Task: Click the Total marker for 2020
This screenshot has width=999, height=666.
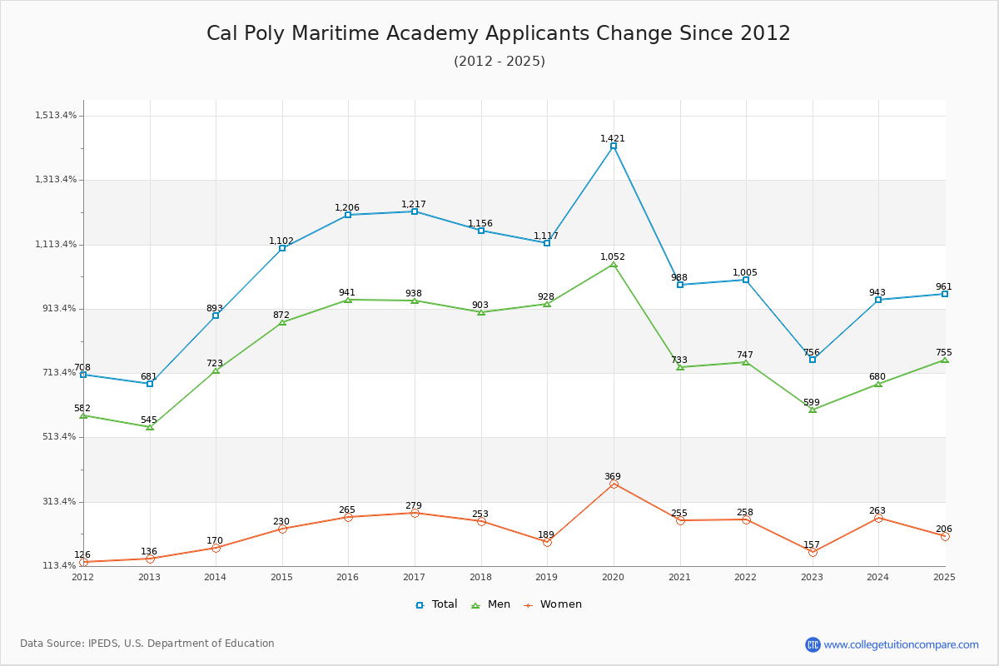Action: (x=614, y=146)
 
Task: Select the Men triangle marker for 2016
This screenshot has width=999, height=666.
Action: (x=348, y=300)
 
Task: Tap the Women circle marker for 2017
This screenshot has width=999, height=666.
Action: (x=415, y=513)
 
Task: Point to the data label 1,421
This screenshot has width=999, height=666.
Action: (x=613, y=138)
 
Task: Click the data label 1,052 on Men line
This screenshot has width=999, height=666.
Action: (x=613, y=256)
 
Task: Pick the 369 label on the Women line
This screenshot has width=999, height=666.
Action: (x=613, y=476)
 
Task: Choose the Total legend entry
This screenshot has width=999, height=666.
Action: (x=436, y=604)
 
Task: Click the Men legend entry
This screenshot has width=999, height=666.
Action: (x=490, y=604)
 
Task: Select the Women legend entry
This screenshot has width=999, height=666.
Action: (x=553, y=604)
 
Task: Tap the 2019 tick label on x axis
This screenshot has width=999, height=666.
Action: (x=546, y=577)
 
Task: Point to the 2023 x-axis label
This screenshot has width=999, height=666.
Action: (x=812, y=577)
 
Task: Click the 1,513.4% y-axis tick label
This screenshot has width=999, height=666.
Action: (x=56, y=115)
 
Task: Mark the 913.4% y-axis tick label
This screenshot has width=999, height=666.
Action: (x=59, y=308)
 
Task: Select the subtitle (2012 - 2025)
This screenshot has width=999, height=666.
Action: (x=499, y=61)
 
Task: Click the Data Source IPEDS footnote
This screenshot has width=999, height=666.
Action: (x=147, y=644)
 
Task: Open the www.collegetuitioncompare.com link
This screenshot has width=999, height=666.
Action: (x=901, y=644)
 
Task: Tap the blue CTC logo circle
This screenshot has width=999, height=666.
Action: (x=813, y=644)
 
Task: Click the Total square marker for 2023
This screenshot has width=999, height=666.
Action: (x=813, y=360)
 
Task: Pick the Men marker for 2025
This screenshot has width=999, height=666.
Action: (x=945, y=360)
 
